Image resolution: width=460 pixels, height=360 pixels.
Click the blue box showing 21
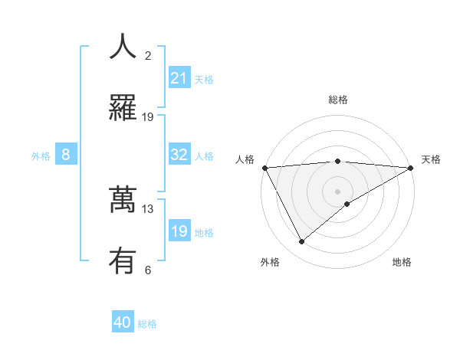179,78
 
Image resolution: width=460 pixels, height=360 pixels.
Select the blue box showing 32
179,155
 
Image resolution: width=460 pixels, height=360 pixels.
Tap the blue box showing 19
179,231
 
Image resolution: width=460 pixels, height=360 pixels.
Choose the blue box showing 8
66,155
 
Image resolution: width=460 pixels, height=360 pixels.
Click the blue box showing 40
123,322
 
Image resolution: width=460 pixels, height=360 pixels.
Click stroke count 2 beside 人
148,56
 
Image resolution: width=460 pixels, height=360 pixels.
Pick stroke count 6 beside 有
148,270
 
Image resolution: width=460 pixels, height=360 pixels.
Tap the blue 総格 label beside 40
147,324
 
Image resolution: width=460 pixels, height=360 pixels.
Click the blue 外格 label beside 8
41,156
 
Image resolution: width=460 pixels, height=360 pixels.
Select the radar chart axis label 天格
431,159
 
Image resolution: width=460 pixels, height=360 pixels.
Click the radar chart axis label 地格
402,263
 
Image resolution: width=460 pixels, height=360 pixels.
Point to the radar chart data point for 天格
412,167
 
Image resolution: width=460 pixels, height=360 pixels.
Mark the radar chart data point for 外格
301,242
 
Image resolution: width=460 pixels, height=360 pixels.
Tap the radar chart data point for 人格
264,167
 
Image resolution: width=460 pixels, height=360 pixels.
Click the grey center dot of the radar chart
338,191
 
